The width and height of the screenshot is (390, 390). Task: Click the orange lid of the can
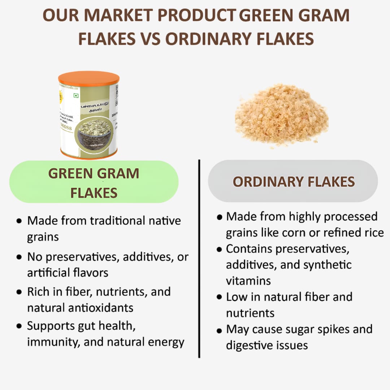click(x=88, y=78)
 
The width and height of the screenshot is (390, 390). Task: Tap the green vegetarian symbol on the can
click(x=76, y=96)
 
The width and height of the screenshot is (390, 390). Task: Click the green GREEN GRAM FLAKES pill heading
click(x=94, y=182)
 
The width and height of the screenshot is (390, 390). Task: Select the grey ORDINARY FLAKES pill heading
click(x=293, y=181)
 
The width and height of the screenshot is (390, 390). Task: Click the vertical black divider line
click(x=199, y=258)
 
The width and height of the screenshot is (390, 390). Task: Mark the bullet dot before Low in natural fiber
click(x=219, y=298)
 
